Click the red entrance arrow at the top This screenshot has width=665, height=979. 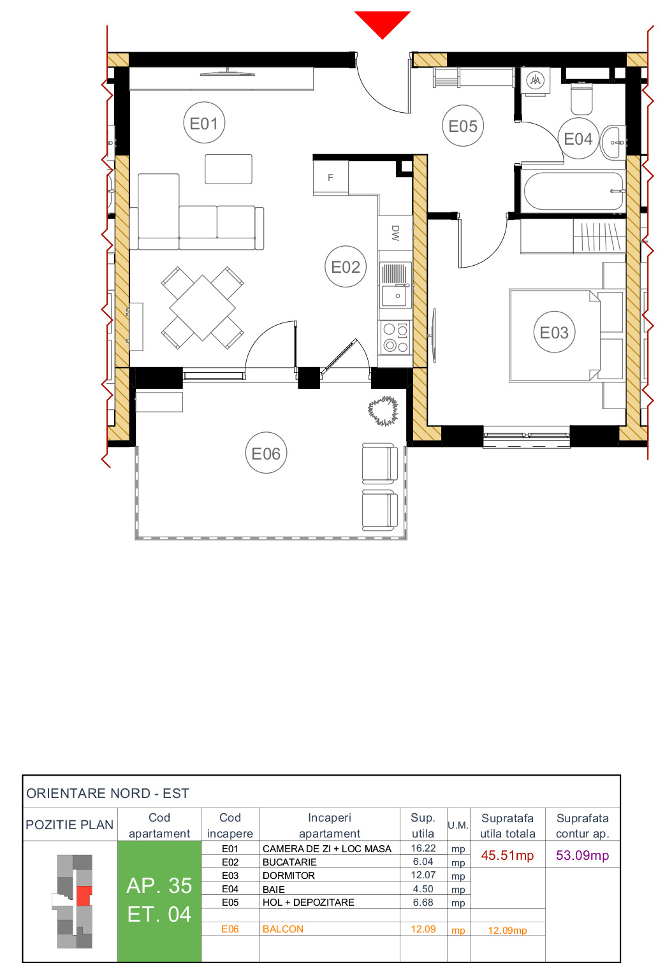point(382,23)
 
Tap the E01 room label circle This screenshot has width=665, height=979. point(204,123)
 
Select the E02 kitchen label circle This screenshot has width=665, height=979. point(346,266)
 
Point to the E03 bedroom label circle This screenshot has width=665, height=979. point(553,332)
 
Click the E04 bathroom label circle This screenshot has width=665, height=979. point(578,138)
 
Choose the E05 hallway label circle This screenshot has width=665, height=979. point(463,126)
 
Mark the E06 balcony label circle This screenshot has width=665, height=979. point(266,453)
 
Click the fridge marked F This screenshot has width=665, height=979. point(330,177)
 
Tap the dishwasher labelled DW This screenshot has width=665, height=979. point(395,233)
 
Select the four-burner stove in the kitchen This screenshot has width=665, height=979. point(395,338)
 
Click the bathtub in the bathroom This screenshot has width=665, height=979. point(573,191)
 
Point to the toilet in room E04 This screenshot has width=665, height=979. point(581,98)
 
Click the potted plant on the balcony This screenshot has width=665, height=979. point(383,410)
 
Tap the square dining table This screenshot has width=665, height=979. point(202,308)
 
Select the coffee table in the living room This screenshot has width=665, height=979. point(228,169)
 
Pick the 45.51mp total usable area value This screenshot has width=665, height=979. point(507,855)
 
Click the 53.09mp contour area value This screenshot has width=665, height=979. point(582,855)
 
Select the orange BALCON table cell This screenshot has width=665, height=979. point(283,929)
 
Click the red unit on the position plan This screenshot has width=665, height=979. point(84,896)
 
